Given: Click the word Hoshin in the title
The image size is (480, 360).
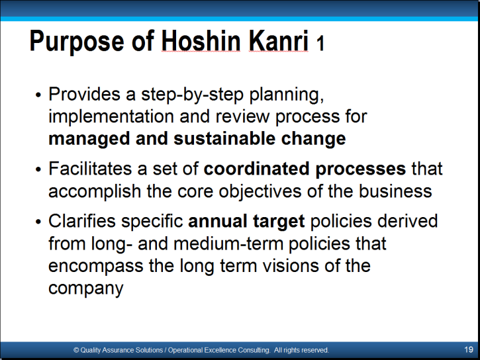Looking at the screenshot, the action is pos(201,41).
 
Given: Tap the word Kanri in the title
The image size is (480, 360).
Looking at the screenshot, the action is pos(278,41).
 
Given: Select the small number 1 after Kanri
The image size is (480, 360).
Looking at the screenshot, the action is pos(320,44).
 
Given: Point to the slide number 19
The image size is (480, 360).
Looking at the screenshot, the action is pos(469,349).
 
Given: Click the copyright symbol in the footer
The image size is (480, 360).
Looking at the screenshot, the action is pos(76,350).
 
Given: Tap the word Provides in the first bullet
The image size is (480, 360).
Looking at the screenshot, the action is pos(84,94).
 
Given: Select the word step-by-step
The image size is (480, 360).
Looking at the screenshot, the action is pos(192,95).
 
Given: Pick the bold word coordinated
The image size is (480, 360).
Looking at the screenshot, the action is pos(256,169).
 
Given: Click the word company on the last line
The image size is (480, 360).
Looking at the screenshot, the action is pos(85,289).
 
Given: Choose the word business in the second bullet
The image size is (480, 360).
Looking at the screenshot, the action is pos(395,191).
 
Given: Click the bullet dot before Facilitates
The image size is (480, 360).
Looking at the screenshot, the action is pos(38,169).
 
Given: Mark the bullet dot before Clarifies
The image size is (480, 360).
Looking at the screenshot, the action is pos(38,222).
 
